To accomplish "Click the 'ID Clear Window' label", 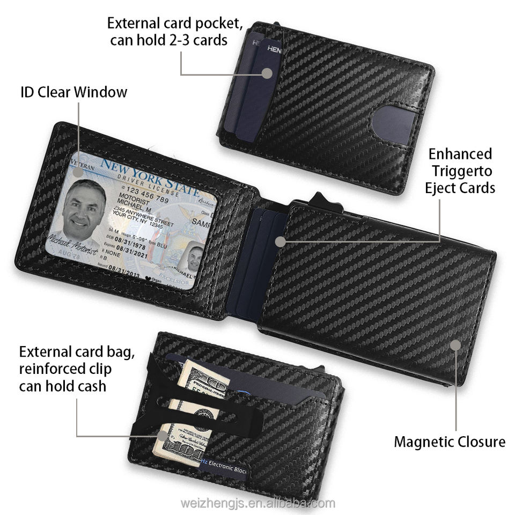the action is [74, 92].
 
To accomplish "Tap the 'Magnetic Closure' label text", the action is [450, 442].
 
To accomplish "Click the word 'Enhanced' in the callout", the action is [460, 154].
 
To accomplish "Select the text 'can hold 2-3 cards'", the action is [168, 40].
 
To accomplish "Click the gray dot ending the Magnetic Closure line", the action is [455, 344].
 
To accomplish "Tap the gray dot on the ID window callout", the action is [78, 172].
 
